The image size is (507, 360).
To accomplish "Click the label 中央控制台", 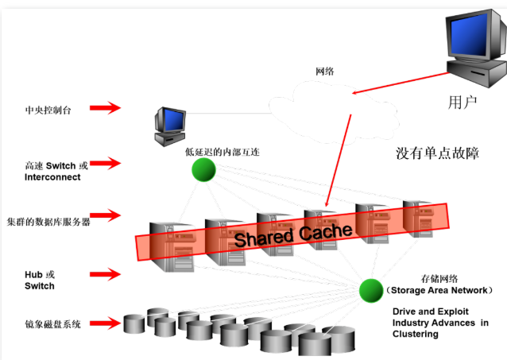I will point(48,109).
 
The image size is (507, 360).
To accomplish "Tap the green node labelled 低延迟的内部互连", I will point(203,169).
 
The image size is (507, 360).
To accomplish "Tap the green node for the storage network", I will point(370,289).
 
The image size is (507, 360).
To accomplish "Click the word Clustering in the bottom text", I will point(415,335).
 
